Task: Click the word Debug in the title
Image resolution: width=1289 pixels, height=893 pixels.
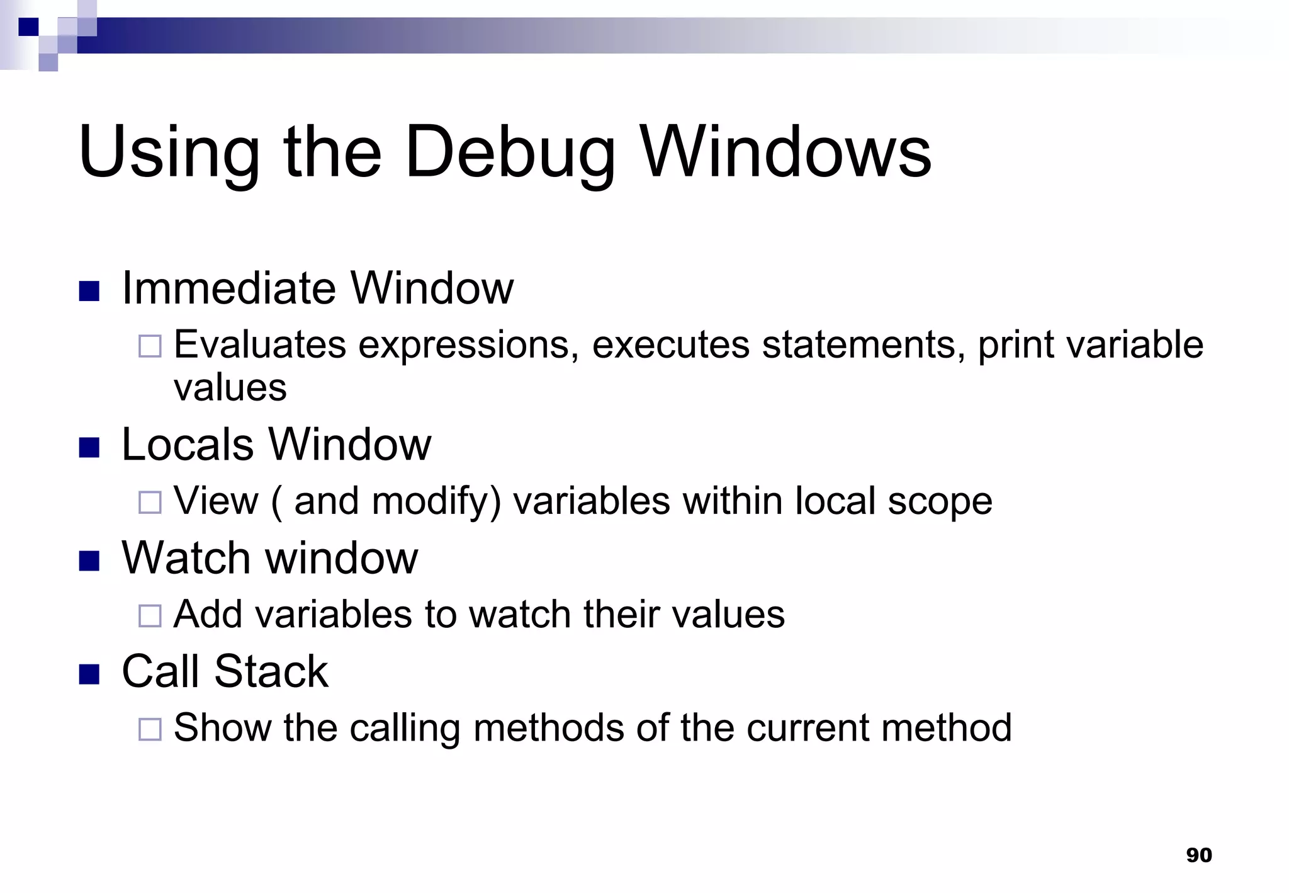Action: coord(510,153)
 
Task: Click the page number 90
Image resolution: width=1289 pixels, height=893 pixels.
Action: coord(1198,855)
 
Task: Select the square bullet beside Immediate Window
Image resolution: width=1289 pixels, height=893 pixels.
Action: coord(89,291)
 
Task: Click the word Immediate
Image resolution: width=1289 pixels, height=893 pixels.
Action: coord(230,288)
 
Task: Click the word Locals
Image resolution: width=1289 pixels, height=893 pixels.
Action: coord(187,445)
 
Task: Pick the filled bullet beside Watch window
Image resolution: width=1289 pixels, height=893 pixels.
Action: coord(89,560)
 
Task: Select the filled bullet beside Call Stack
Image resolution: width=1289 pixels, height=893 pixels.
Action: coord(89,674)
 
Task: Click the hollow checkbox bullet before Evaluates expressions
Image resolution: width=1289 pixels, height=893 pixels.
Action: coord(150,346)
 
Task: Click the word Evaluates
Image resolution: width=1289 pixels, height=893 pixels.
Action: coord(260,345)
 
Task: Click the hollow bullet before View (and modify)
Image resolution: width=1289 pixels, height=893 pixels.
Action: coord(150,503)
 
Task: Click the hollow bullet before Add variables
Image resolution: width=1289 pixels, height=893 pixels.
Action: coord(150,615)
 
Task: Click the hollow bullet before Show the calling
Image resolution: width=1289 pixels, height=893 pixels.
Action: coord(150,729)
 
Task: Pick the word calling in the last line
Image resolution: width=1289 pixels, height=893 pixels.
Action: coord(405,728)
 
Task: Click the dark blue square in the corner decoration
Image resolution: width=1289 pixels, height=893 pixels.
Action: coord(28,27)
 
